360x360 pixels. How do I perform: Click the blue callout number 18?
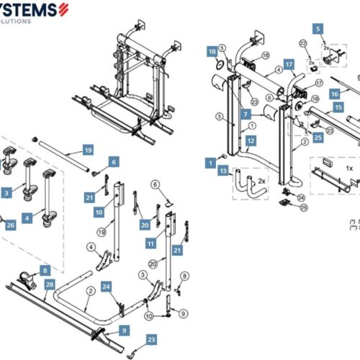coord(212,52)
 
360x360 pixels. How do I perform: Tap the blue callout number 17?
coord(289,64)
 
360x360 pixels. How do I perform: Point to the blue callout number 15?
coord(337,107)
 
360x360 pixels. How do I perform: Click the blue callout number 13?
coord(224,171)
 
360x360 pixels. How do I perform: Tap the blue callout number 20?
coord(145,226)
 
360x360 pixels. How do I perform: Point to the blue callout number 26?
coord(10,225)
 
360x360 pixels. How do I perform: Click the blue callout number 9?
coord(124,330)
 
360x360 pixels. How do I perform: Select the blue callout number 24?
coord(105,287)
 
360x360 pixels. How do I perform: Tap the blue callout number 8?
coord(45,270)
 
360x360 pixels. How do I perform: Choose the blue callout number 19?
coord(87,150)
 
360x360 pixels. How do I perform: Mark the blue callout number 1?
coord(210,163)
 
